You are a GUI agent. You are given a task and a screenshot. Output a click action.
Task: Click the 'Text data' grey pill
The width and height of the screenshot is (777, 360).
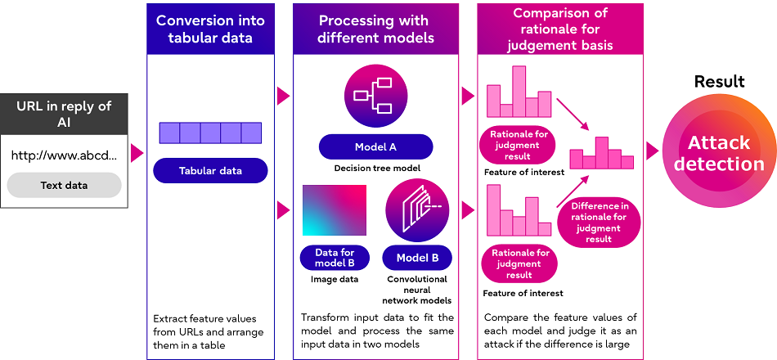tap(64, 185)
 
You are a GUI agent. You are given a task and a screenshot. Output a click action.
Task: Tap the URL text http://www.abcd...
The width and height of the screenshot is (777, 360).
tap(64, 155)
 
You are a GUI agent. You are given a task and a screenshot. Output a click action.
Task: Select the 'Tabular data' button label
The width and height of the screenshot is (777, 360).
tap(210, 170)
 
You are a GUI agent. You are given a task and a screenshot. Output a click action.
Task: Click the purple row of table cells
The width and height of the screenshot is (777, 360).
tap(210, 133)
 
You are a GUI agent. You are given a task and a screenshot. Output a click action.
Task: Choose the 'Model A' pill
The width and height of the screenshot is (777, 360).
tap(375, 147)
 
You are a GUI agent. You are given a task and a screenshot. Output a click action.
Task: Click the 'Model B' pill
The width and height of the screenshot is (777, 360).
tap(417, 259)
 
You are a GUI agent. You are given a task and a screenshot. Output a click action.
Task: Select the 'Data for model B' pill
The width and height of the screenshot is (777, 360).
tap(335, 259)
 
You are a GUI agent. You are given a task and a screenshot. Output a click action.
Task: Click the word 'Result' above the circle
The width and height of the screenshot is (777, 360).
tap(719, 82)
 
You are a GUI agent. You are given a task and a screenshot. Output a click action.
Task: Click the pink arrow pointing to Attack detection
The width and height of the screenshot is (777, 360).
tap(652, 151)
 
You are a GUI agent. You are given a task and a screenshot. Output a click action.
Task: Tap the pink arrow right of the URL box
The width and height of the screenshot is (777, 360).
tap(137, 151)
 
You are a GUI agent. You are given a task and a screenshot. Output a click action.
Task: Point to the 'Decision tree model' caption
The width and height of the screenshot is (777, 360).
tap(376, 169)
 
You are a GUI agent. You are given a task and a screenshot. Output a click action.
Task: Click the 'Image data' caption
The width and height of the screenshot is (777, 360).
tap(335, 279)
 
